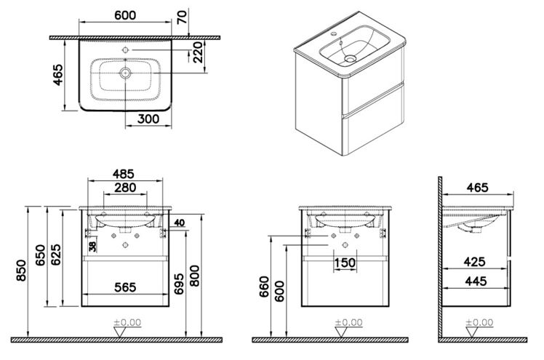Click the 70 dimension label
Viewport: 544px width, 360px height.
182,17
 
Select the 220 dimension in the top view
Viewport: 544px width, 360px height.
198,52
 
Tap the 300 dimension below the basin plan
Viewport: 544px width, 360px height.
148,119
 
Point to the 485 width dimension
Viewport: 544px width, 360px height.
123,174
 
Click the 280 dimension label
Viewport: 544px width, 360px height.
125,188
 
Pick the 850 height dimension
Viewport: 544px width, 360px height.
22,270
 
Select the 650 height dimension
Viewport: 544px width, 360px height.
41,255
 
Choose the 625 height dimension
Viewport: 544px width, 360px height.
56,255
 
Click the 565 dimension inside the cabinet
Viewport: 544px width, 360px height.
125,287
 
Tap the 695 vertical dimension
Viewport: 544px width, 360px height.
179,284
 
